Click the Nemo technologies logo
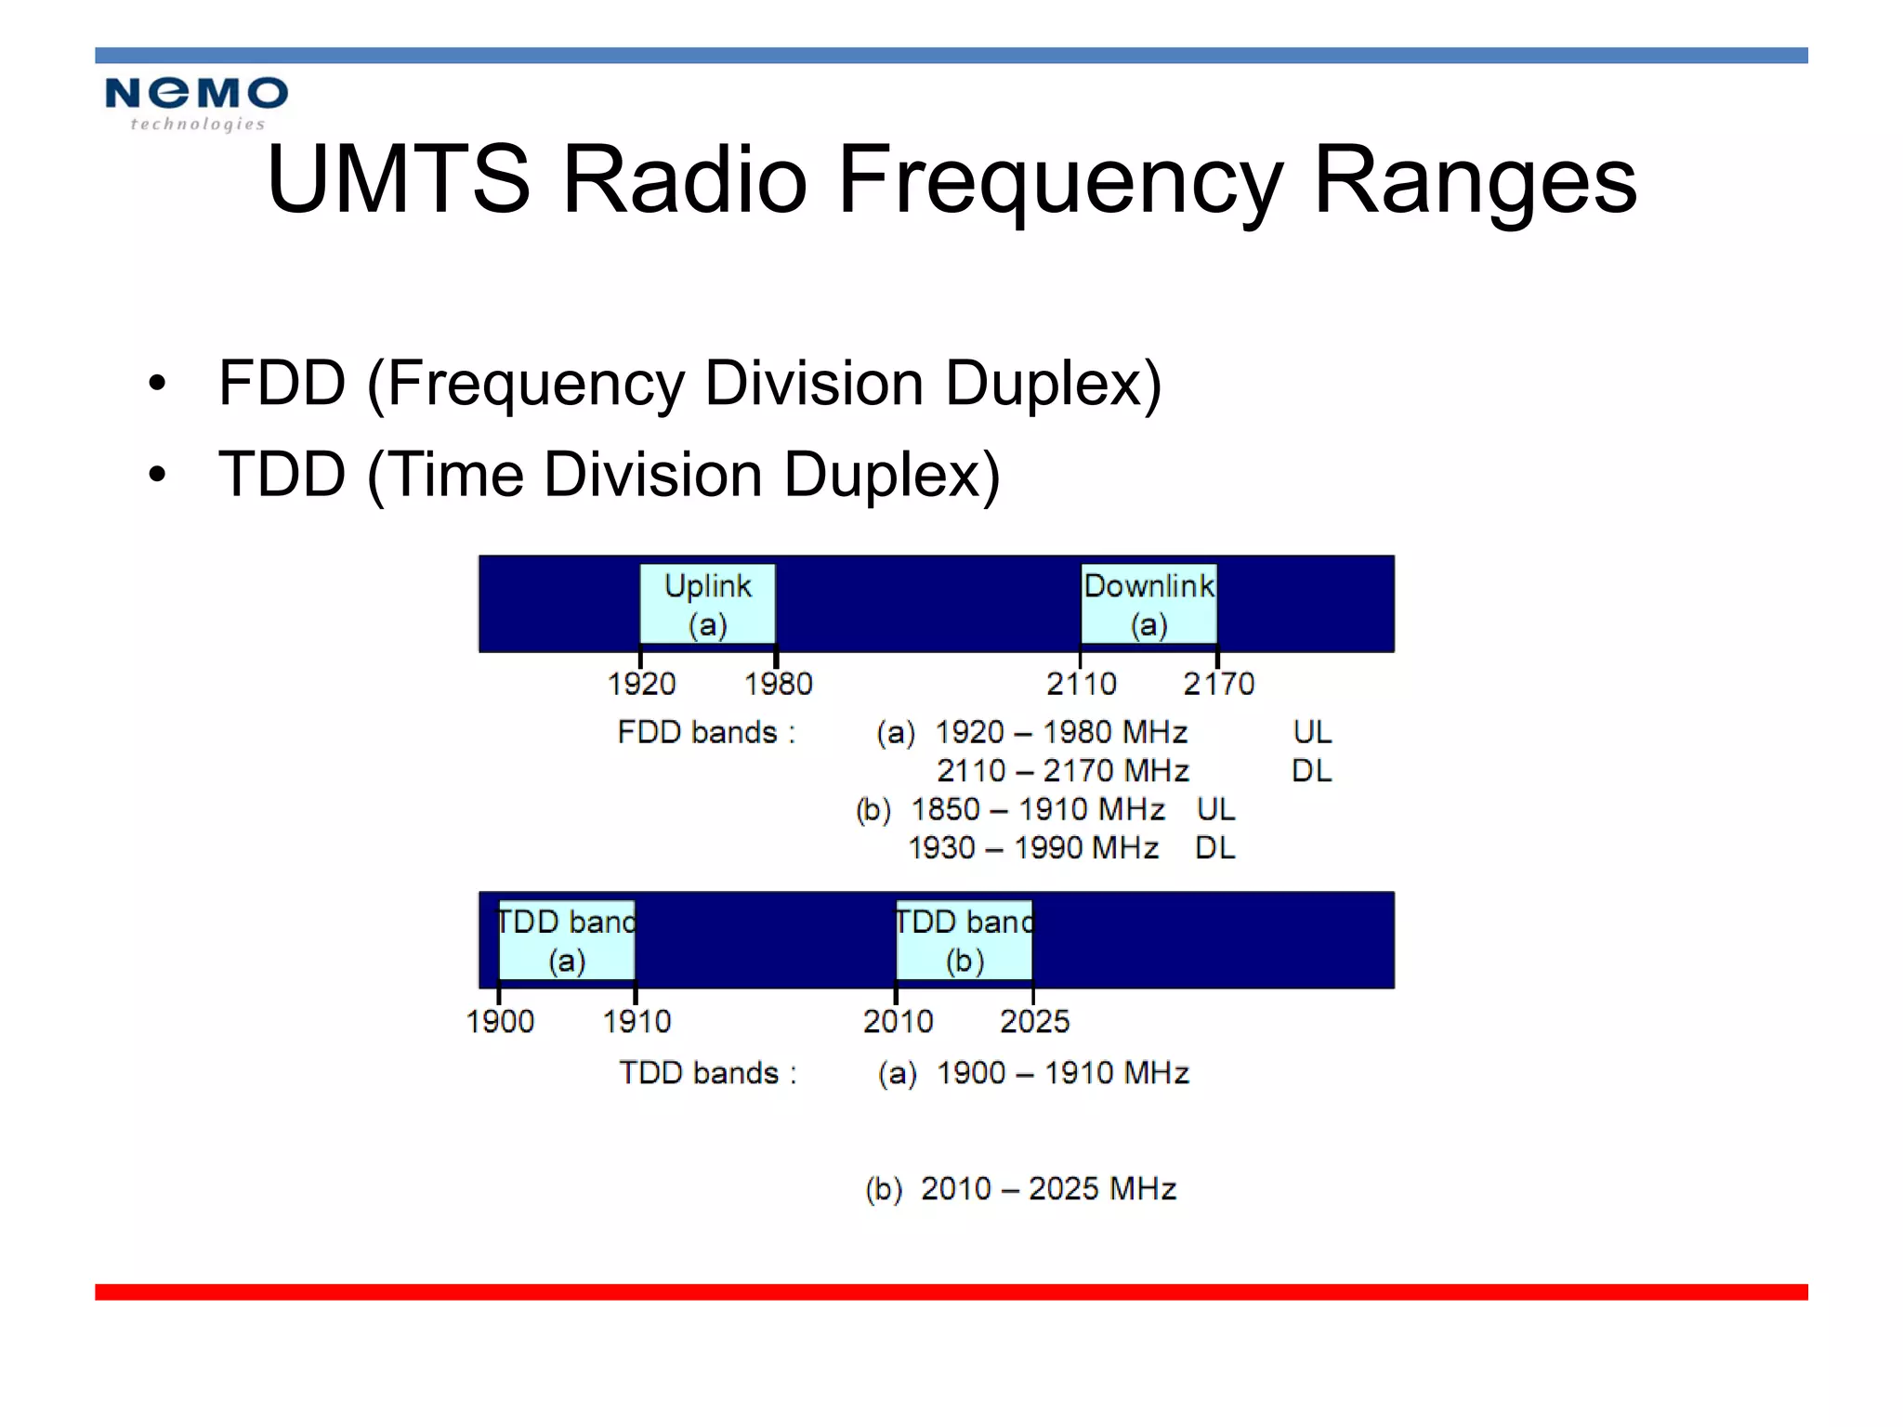196,102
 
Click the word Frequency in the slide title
1059,181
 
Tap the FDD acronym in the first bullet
282,383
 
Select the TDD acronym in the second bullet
282,474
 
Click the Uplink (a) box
707,604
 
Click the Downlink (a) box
1148,604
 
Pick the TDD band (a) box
567,940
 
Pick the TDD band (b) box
965,940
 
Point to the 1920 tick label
641,685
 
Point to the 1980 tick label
778,685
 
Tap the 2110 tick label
1081,685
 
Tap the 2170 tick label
1218,685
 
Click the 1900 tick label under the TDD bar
500,1022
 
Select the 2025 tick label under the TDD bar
1034,1022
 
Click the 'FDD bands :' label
706,733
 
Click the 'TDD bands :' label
708,1073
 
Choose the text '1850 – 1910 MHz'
1037,810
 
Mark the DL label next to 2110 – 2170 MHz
1311,771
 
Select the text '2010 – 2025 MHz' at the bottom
1048,1189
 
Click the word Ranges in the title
1475,181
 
